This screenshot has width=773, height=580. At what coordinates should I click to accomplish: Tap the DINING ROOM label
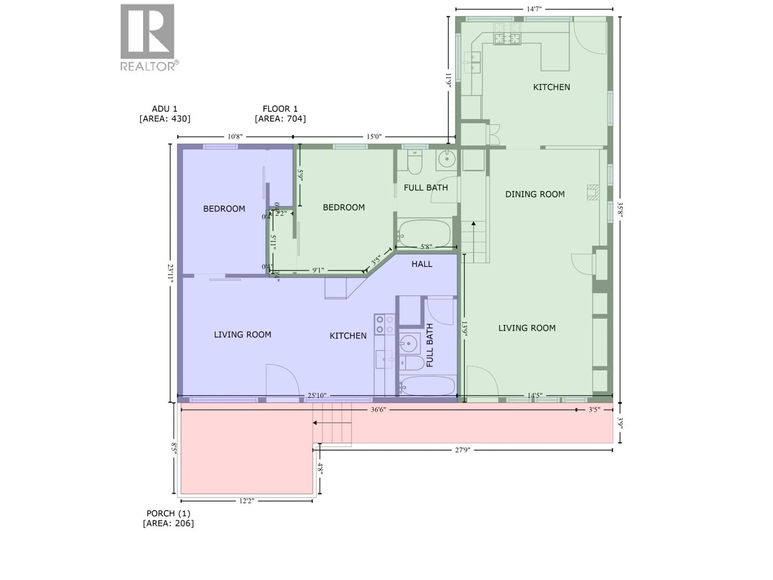[535, 194]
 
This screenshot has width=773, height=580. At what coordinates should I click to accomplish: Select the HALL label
[422, 264]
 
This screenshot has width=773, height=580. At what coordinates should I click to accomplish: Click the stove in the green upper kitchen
[507, 38]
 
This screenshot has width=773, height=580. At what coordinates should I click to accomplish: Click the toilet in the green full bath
[415, 163]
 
